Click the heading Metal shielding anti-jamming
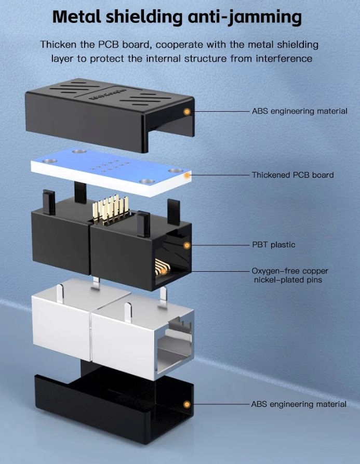(x=177, y=17)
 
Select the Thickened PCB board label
(x=292, y=175)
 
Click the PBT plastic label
(x=274, y=245)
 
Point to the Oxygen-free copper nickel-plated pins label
(x=290, y=275)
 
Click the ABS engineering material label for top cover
(x=299, y=111)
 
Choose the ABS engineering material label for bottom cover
(x=299, y=404)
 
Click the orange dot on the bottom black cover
(x=186, y=404)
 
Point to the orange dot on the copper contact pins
(x=164, y=270)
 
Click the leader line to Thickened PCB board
(x=218, y=175)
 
